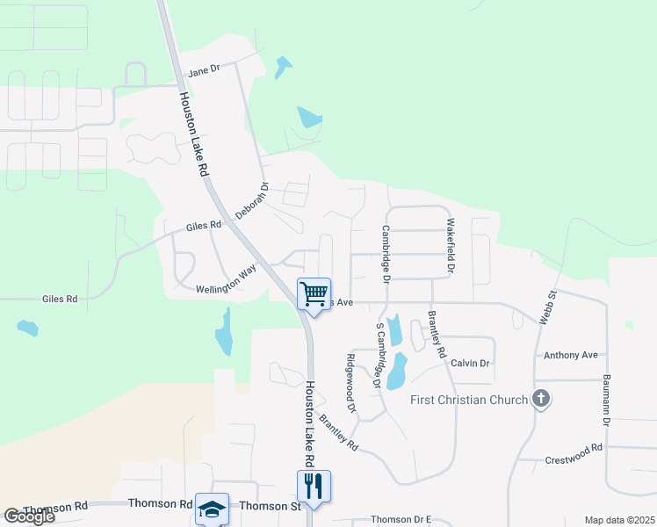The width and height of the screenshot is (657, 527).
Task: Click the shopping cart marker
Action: click(x=314, y=293)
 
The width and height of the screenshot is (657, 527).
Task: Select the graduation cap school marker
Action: click(x=212, y=509)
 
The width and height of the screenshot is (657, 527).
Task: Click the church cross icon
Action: click(x=541, y=400)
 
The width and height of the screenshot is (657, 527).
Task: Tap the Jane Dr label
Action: click(x=203, y=69)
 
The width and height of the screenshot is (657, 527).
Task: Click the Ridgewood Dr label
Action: click(x=351, y=383)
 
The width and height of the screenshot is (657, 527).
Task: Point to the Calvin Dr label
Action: click(x=470, y=363)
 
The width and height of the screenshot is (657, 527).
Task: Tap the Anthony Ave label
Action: click(x=570, y=355)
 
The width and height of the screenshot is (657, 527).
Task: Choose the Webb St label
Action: click(x=548, y=308)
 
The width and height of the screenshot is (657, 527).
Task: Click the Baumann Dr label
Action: click(x=606, y=401)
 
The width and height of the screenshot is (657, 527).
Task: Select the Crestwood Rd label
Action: click(x=573, y=448)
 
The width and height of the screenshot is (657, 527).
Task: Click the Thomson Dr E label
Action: click(x=401, y=520)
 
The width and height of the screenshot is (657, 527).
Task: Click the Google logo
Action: click(x=29, y=516)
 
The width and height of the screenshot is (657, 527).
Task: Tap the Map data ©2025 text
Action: click(x=619, y=520)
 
